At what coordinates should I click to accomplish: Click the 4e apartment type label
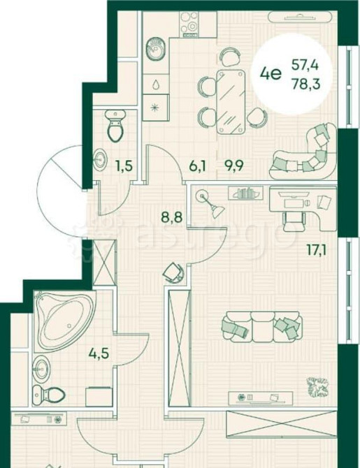pos(271,72)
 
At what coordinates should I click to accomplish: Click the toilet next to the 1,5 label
pos(114,125)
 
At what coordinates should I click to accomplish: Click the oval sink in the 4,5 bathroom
pos(42,366)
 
